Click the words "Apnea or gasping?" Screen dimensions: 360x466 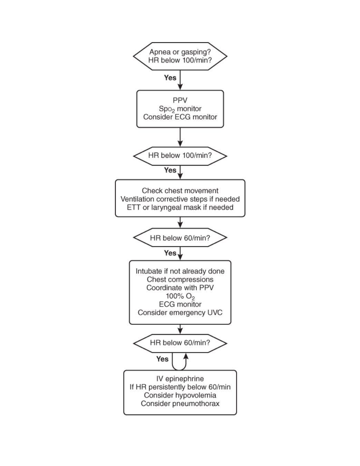pos(180,52)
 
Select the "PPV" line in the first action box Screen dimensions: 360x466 pos(180,100)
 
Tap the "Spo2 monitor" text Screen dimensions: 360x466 pos(180,109)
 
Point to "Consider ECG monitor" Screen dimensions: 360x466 pos(180,117)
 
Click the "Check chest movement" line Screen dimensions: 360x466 pos(180,191)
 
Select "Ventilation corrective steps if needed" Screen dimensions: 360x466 pos(180,199)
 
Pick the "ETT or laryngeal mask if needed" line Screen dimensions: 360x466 pos(180,207)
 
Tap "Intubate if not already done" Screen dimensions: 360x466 pos(180,271)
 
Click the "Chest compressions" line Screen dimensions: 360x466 pos(180,280)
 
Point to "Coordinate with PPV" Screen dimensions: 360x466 pos(180,288)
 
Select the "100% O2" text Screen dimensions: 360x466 pos(180,297)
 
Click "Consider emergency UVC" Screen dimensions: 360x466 pos(180,312)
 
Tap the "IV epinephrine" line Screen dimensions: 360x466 pos(180,379)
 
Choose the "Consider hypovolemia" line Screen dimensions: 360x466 pos(180,395)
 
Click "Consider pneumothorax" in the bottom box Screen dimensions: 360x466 pos(180,404)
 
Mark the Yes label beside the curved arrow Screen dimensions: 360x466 pos(162,359)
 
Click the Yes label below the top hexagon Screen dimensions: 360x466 pos(170,78)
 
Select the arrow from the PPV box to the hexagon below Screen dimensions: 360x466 pos(180,137)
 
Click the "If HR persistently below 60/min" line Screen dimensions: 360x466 pos(180,387)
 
